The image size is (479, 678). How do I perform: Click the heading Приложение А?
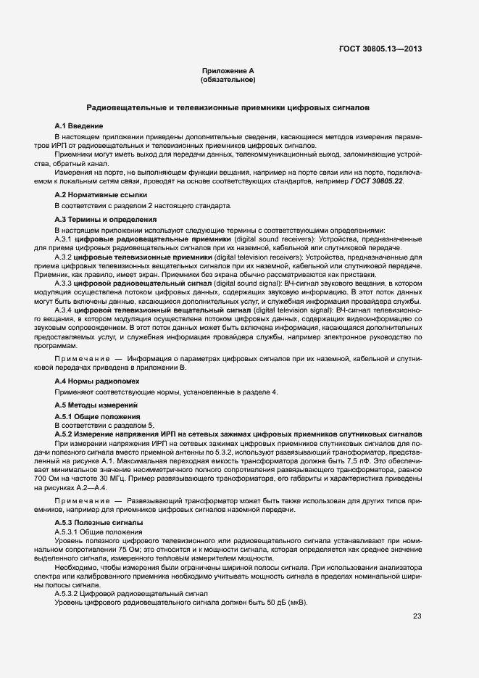click(x=228, y=71)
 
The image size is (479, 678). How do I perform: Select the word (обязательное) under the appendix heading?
click(x=228, y=79)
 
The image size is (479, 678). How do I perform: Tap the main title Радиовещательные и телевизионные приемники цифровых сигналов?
click(x=228, y=107)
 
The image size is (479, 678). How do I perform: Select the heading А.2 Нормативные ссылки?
click(x=96, y=195)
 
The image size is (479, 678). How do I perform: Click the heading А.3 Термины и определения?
click(x=105, y=219)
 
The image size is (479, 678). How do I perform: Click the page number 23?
click(x=417, y=616)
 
